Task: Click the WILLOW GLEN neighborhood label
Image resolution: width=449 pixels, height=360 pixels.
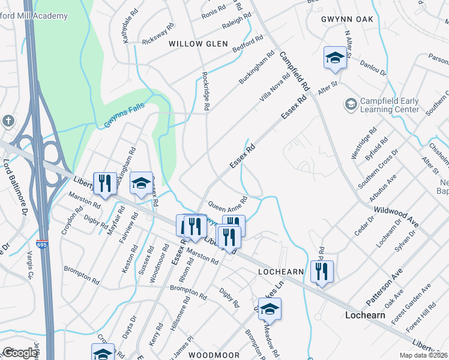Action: [198, 44]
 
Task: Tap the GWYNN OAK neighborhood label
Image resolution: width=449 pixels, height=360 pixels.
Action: [347, 19]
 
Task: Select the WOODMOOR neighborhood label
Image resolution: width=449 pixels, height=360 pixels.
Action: [209, 355]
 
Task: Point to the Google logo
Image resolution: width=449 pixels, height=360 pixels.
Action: [19, 353]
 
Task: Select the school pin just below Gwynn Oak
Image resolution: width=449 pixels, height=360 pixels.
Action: [335, 58]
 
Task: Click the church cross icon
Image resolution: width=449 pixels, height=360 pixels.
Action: [8, 121]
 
